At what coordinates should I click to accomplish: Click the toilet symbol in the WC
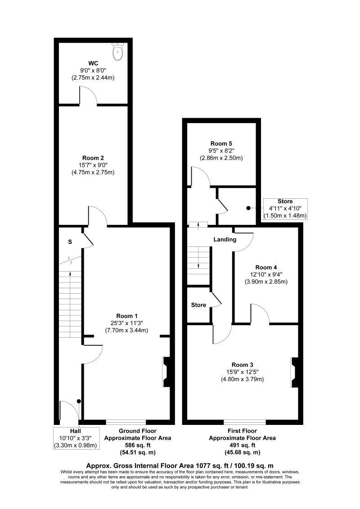point(118,52)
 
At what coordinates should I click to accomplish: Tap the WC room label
point(93,63)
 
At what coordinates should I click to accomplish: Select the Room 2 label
point(93,158)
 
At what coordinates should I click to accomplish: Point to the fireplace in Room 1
point(165,371)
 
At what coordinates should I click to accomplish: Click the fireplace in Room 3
point(294,371)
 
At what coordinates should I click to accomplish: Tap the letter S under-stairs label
point(70,242)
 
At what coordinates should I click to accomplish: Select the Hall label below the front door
point(75,430)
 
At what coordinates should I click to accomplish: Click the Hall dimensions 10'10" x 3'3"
point(75,438)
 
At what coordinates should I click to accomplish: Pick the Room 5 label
point(221,144)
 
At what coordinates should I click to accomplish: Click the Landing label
point(225,240)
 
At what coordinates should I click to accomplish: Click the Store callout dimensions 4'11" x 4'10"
point(285,209)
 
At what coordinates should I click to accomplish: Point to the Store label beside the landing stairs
point(198,305)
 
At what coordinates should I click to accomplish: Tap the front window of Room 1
point(126,422)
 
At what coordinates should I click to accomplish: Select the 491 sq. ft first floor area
point(243,445)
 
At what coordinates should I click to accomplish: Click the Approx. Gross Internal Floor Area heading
point(180,465)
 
